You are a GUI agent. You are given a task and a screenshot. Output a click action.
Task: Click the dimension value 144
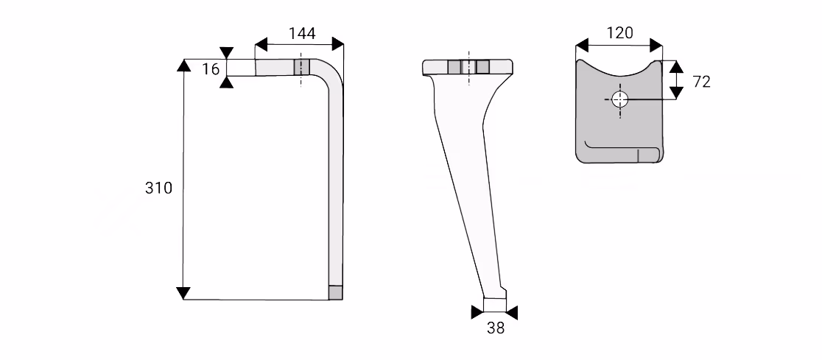302,34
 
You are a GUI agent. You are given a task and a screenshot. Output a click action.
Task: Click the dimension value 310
158,188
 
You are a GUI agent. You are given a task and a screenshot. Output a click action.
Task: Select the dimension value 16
211,69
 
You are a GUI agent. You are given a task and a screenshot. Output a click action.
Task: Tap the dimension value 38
496,328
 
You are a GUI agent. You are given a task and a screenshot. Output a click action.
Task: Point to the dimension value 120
619,33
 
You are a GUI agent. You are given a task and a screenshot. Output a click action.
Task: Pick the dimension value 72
701,82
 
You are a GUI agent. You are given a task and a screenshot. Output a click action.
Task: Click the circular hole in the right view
619,99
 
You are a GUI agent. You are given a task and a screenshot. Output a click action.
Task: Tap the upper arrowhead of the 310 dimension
183,65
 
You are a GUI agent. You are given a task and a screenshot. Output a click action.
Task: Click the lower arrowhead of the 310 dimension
183,294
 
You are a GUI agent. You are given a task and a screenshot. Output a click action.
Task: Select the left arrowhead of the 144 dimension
261,45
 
